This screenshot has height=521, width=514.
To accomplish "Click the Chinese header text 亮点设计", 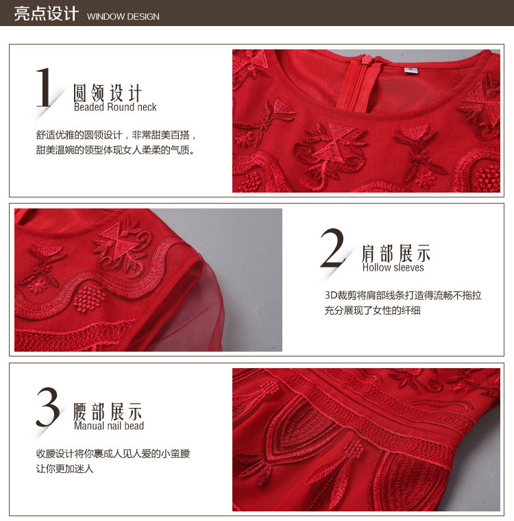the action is (x=46, y=14).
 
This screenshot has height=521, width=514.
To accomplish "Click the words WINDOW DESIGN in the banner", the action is (x=123, y=16).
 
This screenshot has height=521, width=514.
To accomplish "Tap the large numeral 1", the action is (x=44, y=87).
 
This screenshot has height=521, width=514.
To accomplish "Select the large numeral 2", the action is (x=332, y=248).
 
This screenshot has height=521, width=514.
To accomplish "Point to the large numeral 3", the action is (x=48, y=407).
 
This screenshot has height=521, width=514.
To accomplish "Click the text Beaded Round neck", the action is (x=115, y=107).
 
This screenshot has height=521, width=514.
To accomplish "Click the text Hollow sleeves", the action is (x=393, y=267).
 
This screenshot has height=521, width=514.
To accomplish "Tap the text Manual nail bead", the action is (x=109, y=426).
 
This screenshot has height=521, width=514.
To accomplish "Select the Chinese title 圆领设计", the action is (x=108, y=93).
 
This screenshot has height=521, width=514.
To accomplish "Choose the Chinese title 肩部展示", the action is (x=396, y=253).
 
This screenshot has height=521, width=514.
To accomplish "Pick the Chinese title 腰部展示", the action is (x=108, y=412).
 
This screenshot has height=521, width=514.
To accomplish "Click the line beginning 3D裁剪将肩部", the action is (x=403, y=295).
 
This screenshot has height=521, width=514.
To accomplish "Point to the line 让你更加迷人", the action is (x=65, y=468).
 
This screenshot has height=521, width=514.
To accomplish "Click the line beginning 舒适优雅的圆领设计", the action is (x=117, y=135).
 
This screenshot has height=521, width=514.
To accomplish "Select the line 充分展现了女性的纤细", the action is (x=372, y=311).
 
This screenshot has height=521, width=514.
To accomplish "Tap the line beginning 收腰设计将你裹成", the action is (x=113, y=454).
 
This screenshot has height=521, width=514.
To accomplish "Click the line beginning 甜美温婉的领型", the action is (x=115, y=150).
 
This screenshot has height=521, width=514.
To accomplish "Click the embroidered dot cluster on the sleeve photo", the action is (x=89, y=299).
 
